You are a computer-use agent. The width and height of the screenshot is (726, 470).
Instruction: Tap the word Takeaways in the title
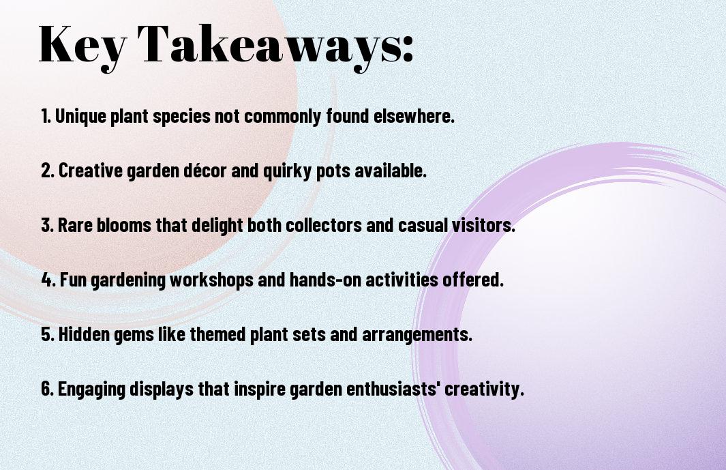270,44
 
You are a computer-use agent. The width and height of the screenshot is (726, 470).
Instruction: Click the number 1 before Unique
45,116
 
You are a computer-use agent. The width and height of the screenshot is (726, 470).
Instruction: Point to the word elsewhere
414,116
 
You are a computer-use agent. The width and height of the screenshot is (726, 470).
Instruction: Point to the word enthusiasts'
393,389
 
